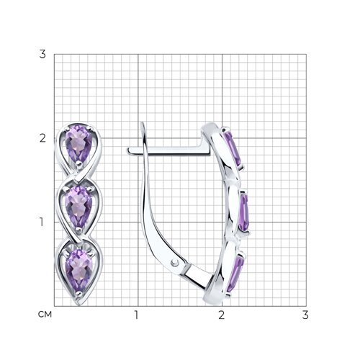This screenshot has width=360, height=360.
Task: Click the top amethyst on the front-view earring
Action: click(78, 144)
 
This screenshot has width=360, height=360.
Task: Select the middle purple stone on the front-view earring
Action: click(78, 207)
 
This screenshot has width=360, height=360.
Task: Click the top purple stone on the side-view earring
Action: click(233, 148)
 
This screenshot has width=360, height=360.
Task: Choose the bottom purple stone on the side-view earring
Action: click(235, 274)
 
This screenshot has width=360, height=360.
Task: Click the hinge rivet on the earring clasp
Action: click(175, 263)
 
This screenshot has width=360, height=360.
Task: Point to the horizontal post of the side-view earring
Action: click(168, 150)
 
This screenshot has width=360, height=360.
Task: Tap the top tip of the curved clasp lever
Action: click(143, 123)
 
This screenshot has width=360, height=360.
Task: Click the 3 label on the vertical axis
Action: click(42, 54)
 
